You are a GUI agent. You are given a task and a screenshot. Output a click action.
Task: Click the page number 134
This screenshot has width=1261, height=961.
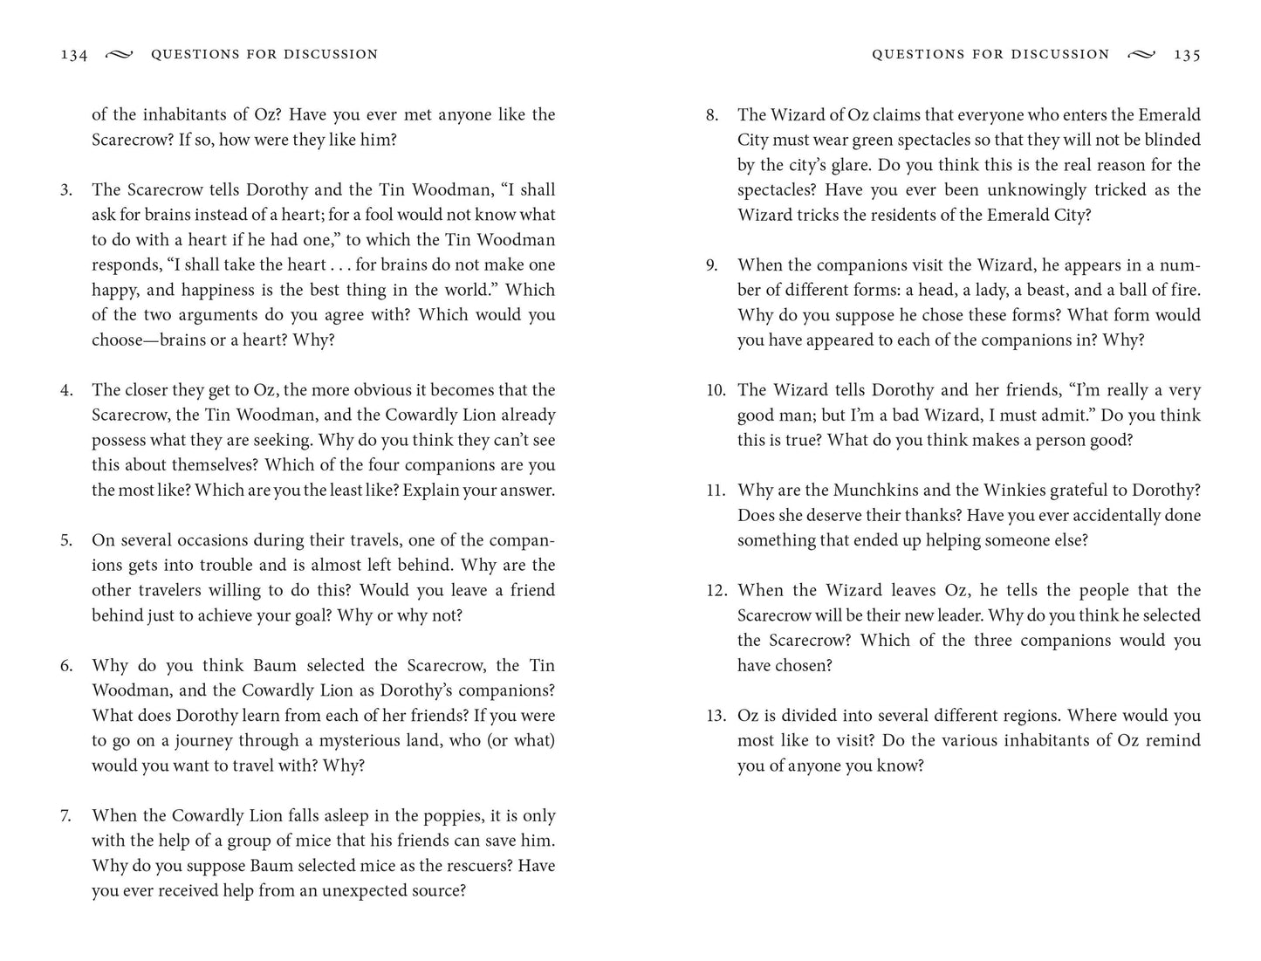[x=74, y=55]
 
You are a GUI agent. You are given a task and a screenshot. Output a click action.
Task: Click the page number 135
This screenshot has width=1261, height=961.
[x=1187, y=55]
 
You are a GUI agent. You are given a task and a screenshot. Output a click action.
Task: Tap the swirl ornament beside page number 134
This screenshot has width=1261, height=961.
[x=119, y=55]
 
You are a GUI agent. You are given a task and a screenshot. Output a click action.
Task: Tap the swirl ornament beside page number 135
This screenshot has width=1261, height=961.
[x=1141, y=55]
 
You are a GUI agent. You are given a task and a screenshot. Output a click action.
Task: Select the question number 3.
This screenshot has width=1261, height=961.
[x=66, y=190]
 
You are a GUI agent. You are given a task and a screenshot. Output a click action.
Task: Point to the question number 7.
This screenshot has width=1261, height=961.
[x=65, y=816]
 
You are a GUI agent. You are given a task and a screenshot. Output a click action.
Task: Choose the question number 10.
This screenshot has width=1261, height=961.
[x=716, y=390]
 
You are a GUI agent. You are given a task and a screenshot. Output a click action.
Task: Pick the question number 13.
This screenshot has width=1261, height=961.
[x=716, y=716]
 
